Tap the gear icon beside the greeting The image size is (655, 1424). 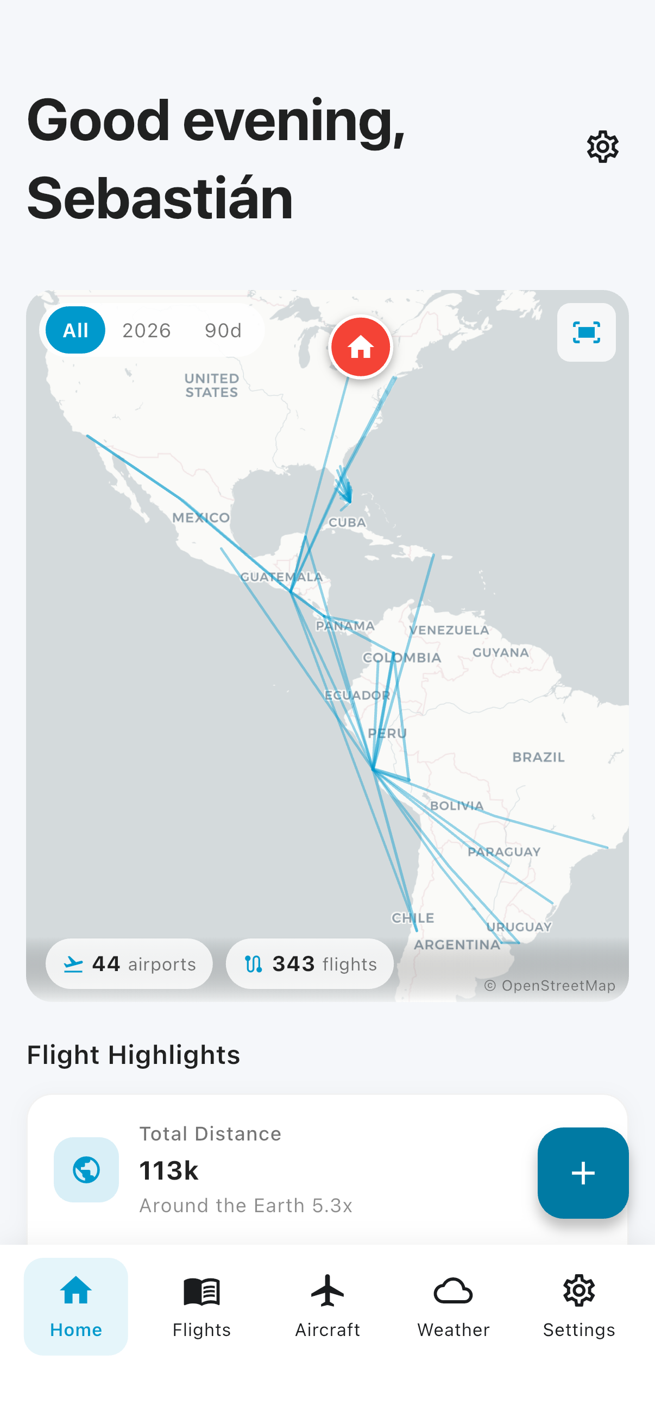pos(602,147)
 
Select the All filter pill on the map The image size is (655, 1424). pos(75,330)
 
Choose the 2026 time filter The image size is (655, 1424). pos(147,331)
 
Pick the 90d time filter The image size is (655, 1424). pos(223,331)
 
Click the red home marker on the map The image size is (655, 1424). pos(361,347)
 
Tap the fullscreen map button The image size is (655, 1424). pos(586,332)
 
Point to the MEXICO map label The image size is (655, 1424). pos(200,518)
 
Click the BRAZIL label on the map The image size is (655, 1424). pos(538,757)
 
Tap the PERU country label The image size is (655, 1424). pos(387,734)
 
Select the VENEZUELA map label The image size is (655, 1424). pos(449,630)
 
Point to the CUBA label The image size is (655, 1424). pos(347,522)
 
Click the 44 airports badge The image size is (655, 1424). pos(129,963)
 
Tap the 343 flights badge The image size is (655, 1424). pos(310,963)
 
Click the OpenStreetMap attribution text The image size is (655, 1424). pos(550,986)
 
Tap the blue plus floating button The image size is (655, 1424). pos(583,1173)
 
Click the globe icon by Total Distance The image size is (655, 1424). pos(86,1169)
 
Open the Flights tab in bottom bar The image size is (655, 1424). pos(201,1306)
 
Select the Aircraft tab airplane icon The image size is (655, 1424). pos(327,1291)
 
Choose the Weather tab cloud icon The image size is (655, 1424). pos(454,1291)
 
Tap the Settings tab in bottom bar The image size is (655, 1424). pos(579,1306)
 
